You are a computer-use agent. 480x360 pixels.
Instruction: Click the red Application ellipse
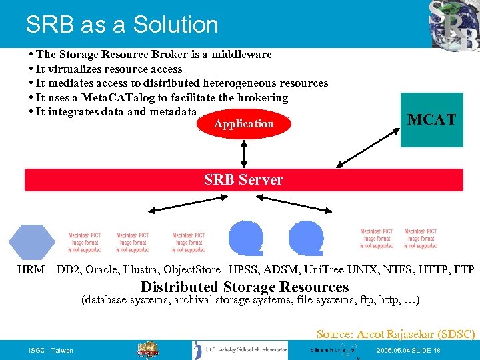point(243,124)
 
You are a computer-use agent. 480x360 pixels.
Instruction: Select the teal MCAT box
point(432,120)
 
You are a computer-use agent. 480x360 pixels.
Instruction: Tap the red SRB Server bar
point(243,180)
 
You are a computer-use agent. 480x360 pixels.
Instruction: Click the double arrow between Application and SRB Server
point(244,153)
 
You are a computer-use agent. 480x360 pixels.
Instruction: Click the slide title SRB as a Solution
point(122,25)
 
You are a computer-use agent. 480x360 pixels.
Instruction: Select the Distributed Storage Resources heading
point(245,287)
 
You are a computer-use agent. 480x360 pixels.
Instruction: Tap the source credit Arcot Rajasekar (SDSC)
point(395,334)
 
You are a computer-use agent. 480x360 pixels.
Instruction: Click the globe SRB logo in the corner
point(454,25)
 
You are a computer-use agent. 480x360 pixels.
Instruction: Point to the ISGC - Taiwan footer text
point(51,351)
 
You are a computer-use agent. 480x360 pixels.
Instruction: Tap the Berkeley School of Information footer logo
point(240,350)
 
